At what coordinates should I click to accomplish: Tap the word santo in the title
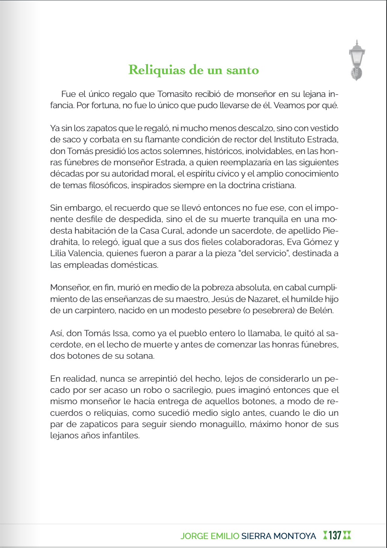click(x=242, y=70)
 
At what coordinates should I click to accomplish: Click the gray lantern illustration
click(x=357, y=60)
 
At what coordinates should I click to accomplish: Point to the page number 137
click(x=335, y=535)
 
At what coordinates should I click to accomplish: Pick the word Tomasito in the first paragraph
click(x=175, y=94)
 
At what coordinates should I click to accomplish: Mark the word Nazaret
click(x=263, y=299)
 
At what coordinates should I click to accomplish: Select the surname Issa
click(x=120, y=333)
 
